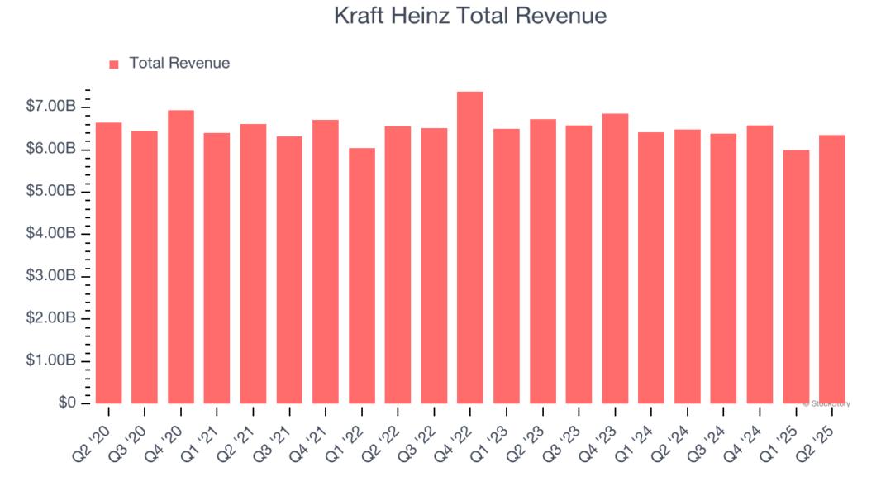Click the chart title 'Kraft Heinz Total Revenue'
470,16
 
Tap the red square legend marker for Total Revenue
114,64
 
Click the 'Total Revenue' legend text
179,63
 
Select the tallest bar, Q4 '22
470,248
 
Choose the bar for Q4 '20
181,257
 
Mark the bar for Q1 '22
362,276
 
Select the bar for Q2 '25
832,269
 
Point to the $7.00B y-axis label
51,107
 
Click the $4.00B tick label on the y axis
51,234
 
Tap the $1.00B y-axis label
51,361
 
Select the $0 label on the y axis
67,403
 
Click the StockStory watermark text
826,404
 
